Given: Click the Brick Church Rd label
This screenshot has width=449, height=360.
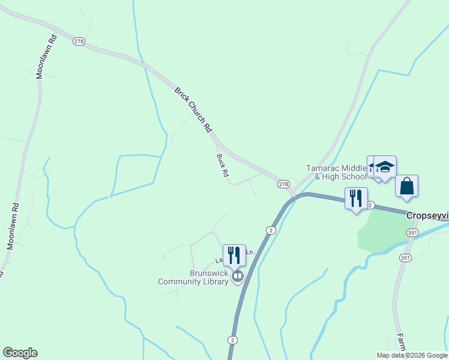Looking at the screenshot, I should (193, 110).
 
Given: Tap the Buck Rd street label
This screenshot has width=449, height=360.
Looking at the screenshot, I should (223, 165).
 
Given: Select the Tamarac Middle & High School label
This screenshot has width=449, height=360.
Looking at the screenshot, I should (336, 172).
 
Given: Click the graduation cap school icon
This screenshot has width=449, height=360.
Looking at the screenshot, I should (384, 167).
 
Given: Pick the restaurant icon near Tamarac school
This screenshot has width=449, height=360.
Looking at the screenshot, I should (356, 198).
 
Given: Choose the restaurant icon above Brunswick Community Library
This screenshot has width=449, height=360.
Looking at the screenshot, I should (234, 255).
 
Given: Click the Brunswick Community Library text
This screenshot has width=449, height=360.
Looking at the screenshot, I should (193, 277).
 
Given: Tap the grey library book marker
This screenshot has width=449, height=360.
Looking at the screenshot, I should (238, 276).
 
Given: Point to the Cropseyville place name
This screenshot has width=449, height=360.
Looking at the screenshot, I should (427, 215).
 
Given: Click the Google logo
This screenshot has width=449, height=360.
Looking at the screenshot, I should (20, 353).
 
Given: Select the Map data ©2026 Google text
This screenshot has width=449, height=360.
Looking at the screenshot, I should (412, 355).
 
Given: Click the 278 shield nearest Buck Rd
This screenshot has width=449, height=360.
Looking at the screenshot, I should (283, 184).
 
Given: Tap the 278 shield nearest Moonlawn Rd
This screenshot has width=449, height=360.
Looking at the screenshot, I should (79, 41).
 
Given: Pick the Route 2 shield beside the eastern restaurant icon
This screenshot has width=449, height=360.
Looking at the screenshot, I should (370, 205).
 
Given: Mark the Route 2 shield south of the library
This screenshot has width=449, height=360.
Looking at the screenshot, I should (232, 340).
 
